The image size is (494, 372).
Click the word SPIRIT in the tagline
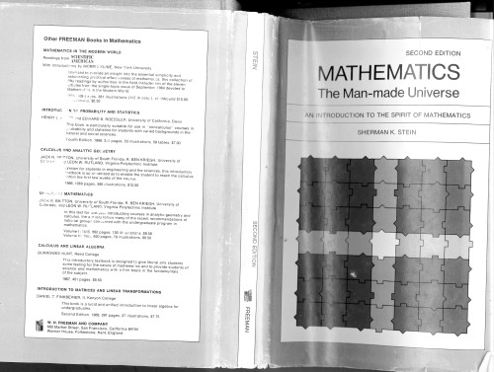405,117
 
